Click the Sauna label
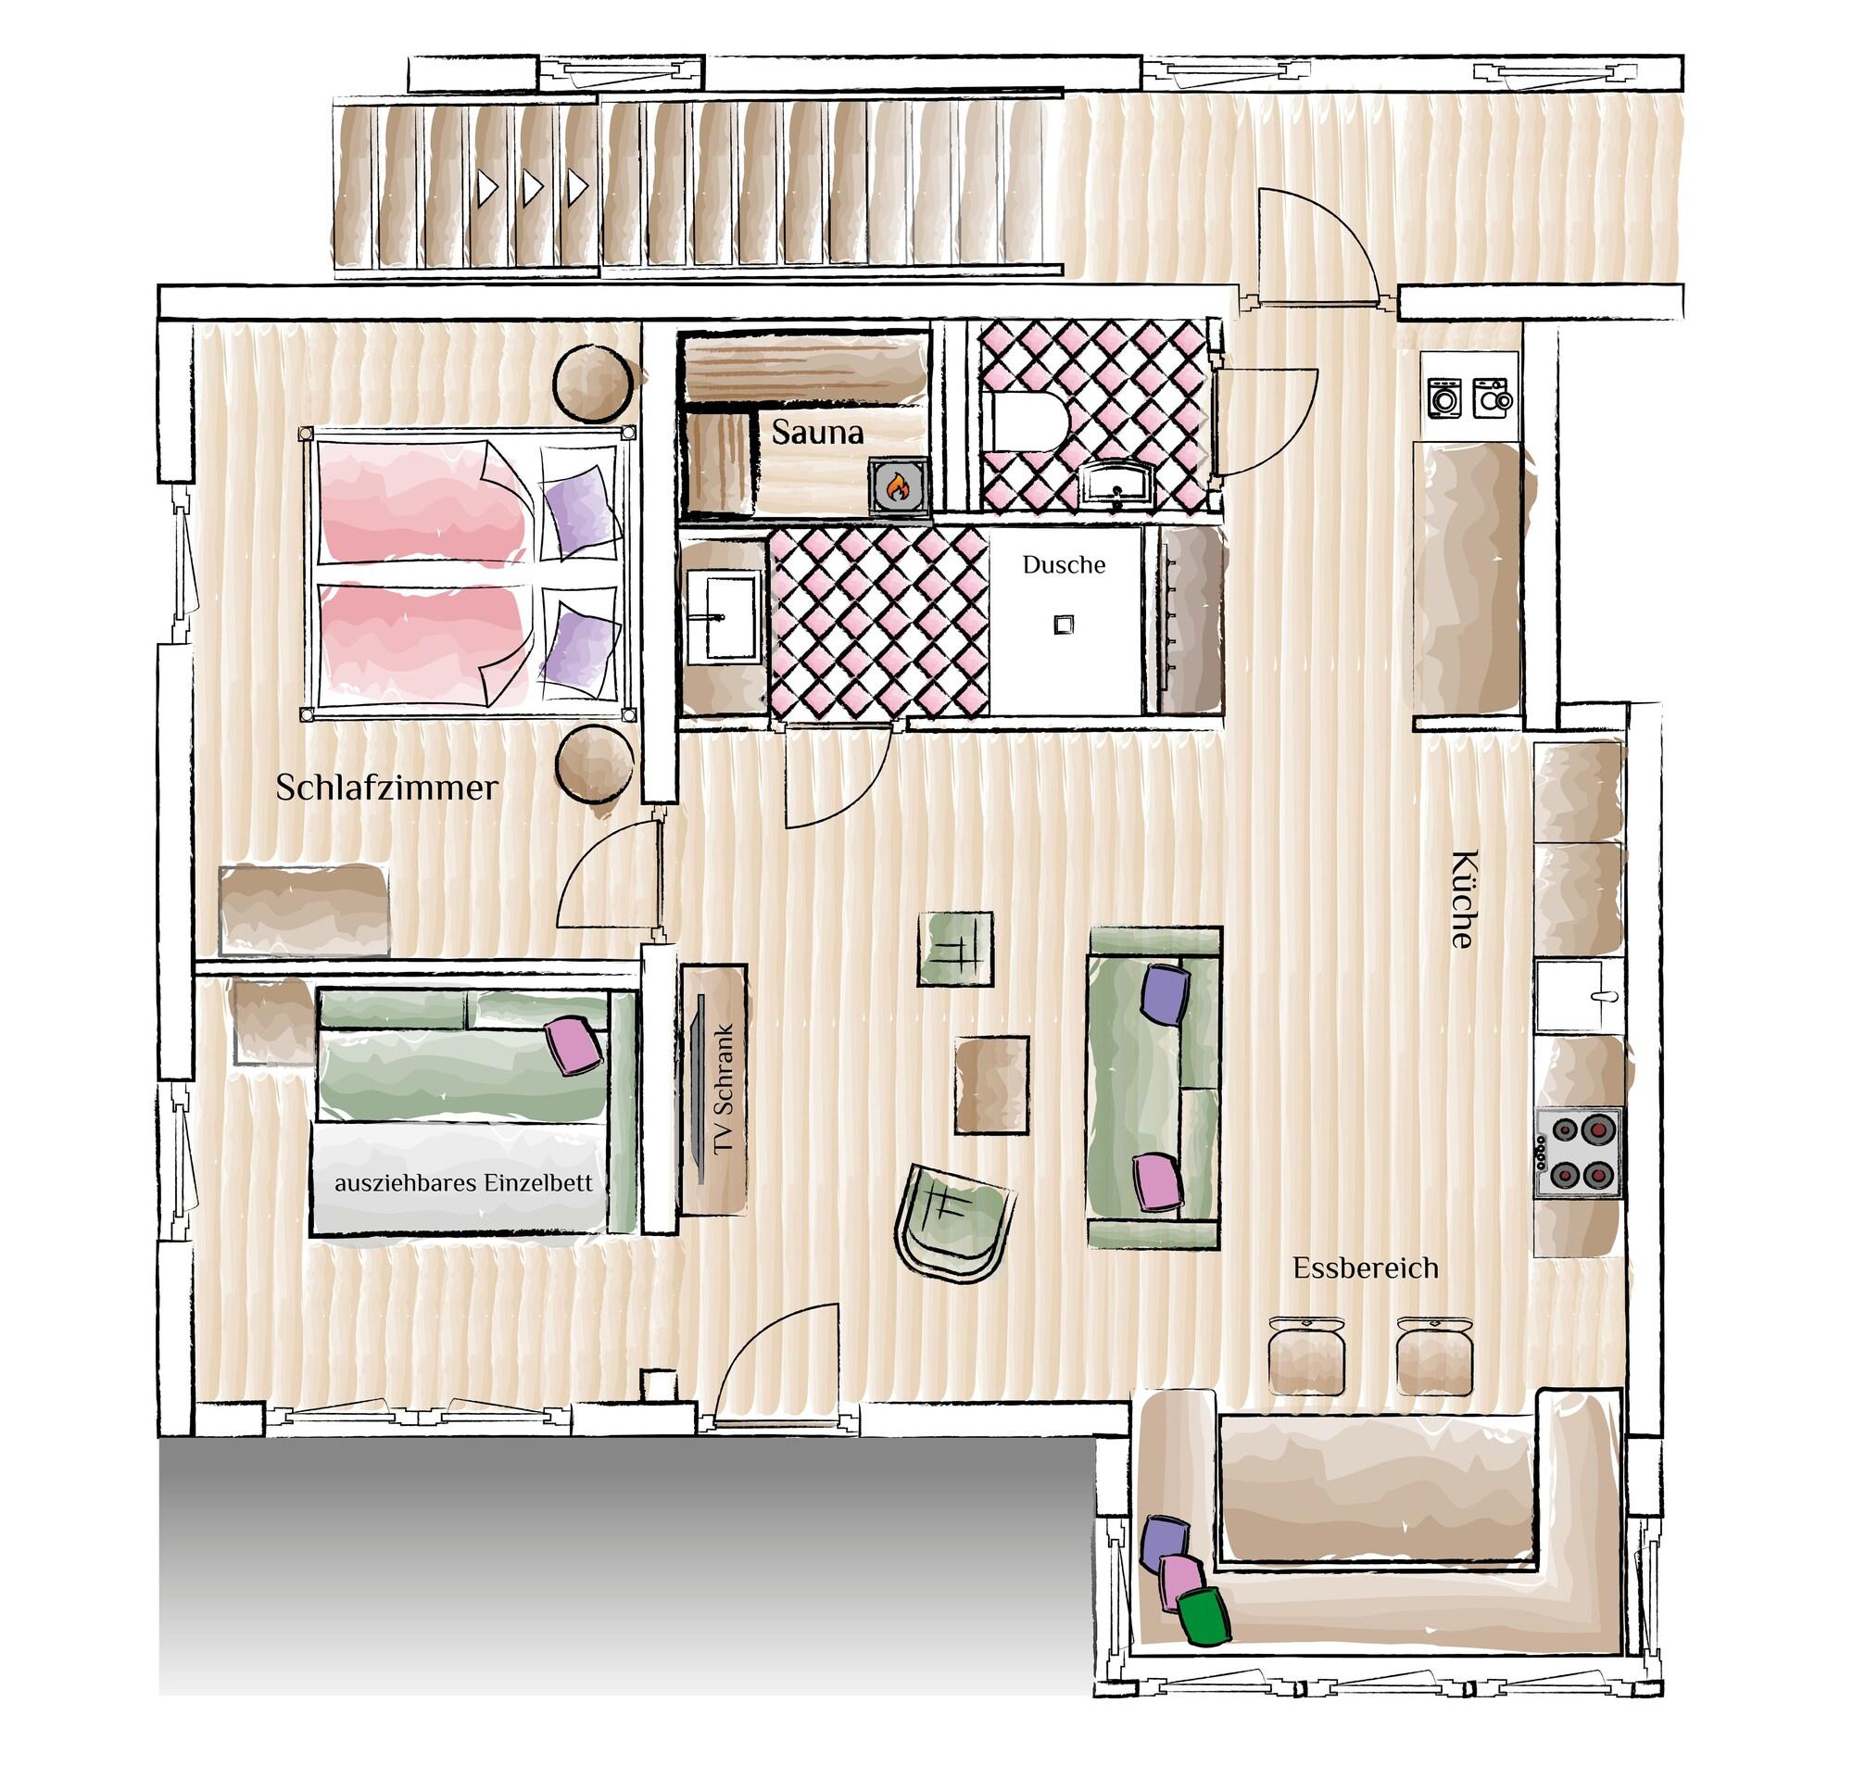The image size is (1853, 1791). coord(817,433)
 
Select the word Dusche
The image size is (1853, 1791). coord(1064,565)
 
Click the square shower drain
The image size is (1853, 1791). coord(1065,624)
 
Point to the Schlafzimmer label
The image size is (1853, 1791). coord(386,788)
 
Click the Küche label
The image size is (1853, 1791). coord(1464,900)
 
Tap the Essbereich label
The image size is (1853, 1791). coord(1365,1268)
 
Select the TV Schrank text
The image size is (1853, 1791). coord(725,1089)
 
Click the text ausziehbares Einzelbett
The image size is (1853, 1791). coord(463,1183)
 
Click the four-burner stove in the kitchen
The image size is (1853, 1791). coord(1578,1153)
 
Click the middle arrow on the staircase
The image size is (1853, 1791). coord(531,188)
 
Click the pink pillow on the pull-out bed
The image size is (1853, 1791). coord(574,1044)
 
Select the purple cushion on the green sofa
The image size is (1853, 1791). coord(1165,993)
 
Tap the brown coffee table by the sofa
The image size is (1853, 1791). coord(990,1084)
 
